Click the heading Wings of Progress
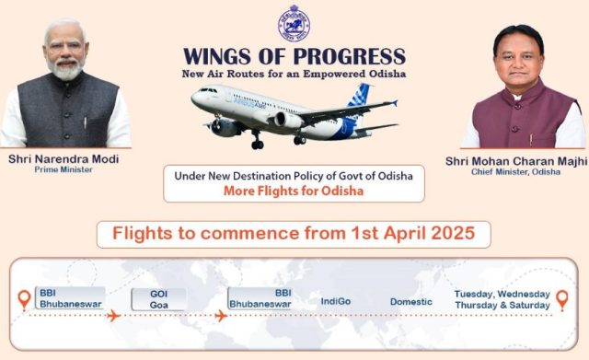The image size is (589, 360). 294,55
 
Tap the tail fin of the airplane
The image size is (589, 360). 359,95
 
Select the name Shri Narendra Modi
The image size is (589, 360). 64,159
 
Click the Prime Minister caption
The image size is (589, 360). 64,170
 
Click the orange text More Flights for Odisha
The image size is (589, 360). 294,192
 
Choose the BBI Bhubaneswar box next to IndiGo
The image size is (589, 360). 260,298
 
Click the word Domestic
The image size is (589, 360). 410,301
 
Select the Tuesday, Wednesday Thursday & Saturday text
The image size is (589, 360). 502,300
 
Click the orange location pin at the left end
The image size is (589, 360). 24,300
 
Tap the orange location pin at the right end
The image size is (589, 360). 561,300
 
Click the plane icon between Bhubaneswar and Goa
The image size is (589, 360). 114,316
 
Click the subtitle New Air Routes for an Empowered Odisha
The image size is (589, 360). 294,73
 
